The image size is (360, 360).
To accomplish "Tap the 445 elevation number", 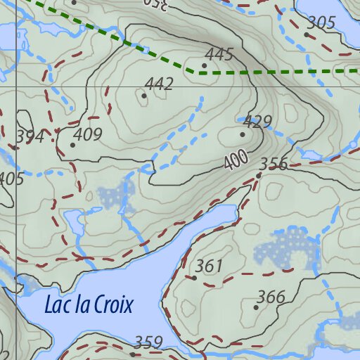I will [219, 54].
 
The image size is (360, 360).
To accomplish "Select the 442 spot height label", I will [159, 84].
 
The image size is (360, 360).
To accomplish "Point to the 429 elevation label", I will [257, 122].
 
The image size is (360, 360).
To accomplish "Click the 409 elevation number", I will [88, 134].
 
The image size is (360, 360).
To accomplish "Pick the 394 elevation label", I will [30, 136].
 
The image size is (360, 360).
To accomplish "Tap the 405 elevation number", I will [10, 179].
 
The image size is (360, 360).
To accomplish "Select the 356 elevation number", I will [274, 165].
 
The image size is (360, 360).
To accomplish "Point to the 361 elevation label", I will [209, 266].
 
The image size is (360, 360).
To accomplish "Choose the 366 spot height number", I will [271, 297].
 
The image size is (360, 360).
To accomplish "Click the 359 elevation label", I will [148, 342].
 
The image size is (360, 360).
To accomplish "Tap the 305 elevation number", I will [321, 23].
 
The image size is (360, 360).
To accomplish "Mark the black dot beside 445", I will [204, 65].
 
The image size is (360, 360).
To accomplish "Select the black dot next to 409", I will [72, 145].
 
